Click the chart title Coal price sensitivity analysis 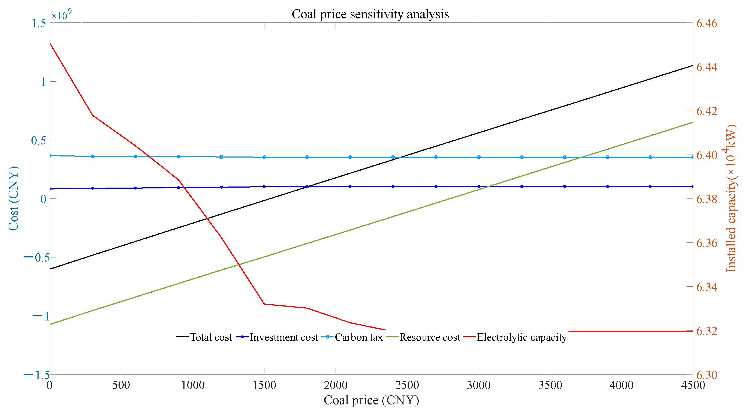pos(370,14)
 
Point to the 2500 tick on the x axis pos(407,385)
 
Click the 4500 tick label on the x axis pos(693,385)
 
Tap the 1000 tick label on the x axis pos(193,385)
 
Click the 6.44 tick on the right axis pos(706,67)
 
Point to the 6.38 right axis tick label pos(706,199)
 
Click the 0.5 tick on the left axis pos(38,140)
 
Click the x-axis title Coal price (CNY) pos(371,400)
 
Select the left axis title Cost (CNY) pos(13,198)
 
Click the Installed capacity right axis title pos(731,198)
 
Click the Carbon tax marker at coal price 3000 pos(478,157)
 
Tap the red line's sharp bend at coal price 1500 pos(264,304)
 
